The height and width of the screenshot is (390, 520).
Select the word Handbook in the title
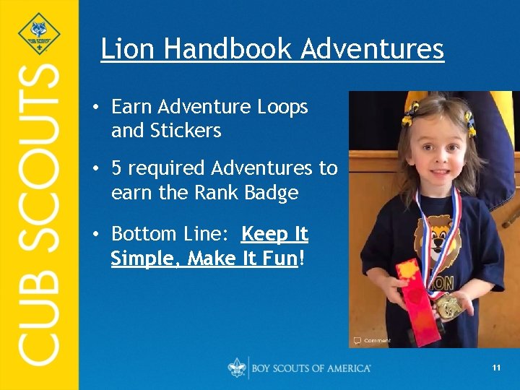(228, 49)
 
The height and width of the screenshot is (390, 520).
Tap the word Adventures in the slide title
(373, 49)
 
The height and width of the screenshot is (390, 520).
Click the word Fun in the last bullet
(280, 259)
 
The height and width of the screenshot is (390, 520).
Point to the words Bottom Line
(170, 234)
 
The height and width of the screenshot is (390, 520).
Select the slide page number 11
(496, 368)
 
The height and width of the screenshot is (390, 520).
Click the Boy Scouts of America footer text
(311, 368)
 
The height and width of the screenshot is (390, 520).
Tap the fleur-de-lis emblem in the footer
(237, 368)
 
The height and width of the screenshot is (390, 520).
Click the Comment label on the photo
(376, 340)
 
